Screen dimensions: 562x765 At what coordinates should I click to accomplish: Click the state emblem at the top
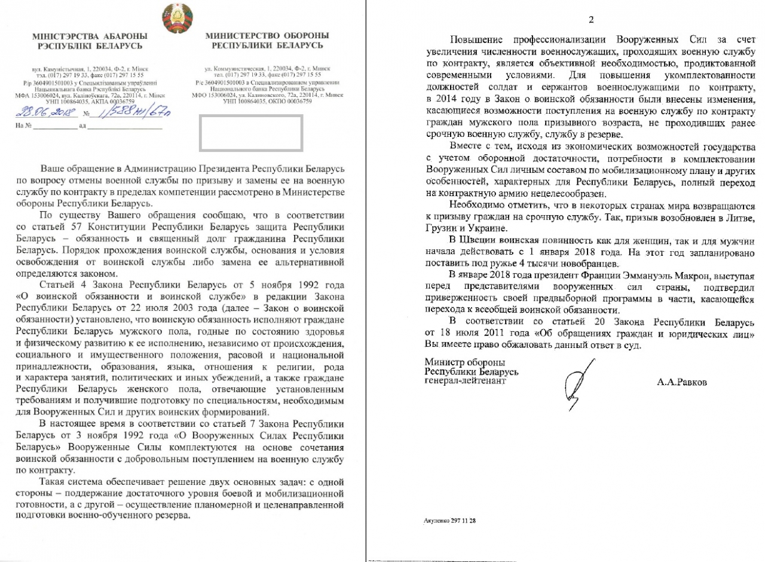178,18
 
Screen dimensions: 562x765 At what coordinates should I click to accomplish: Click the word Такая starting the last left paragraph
53,482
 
